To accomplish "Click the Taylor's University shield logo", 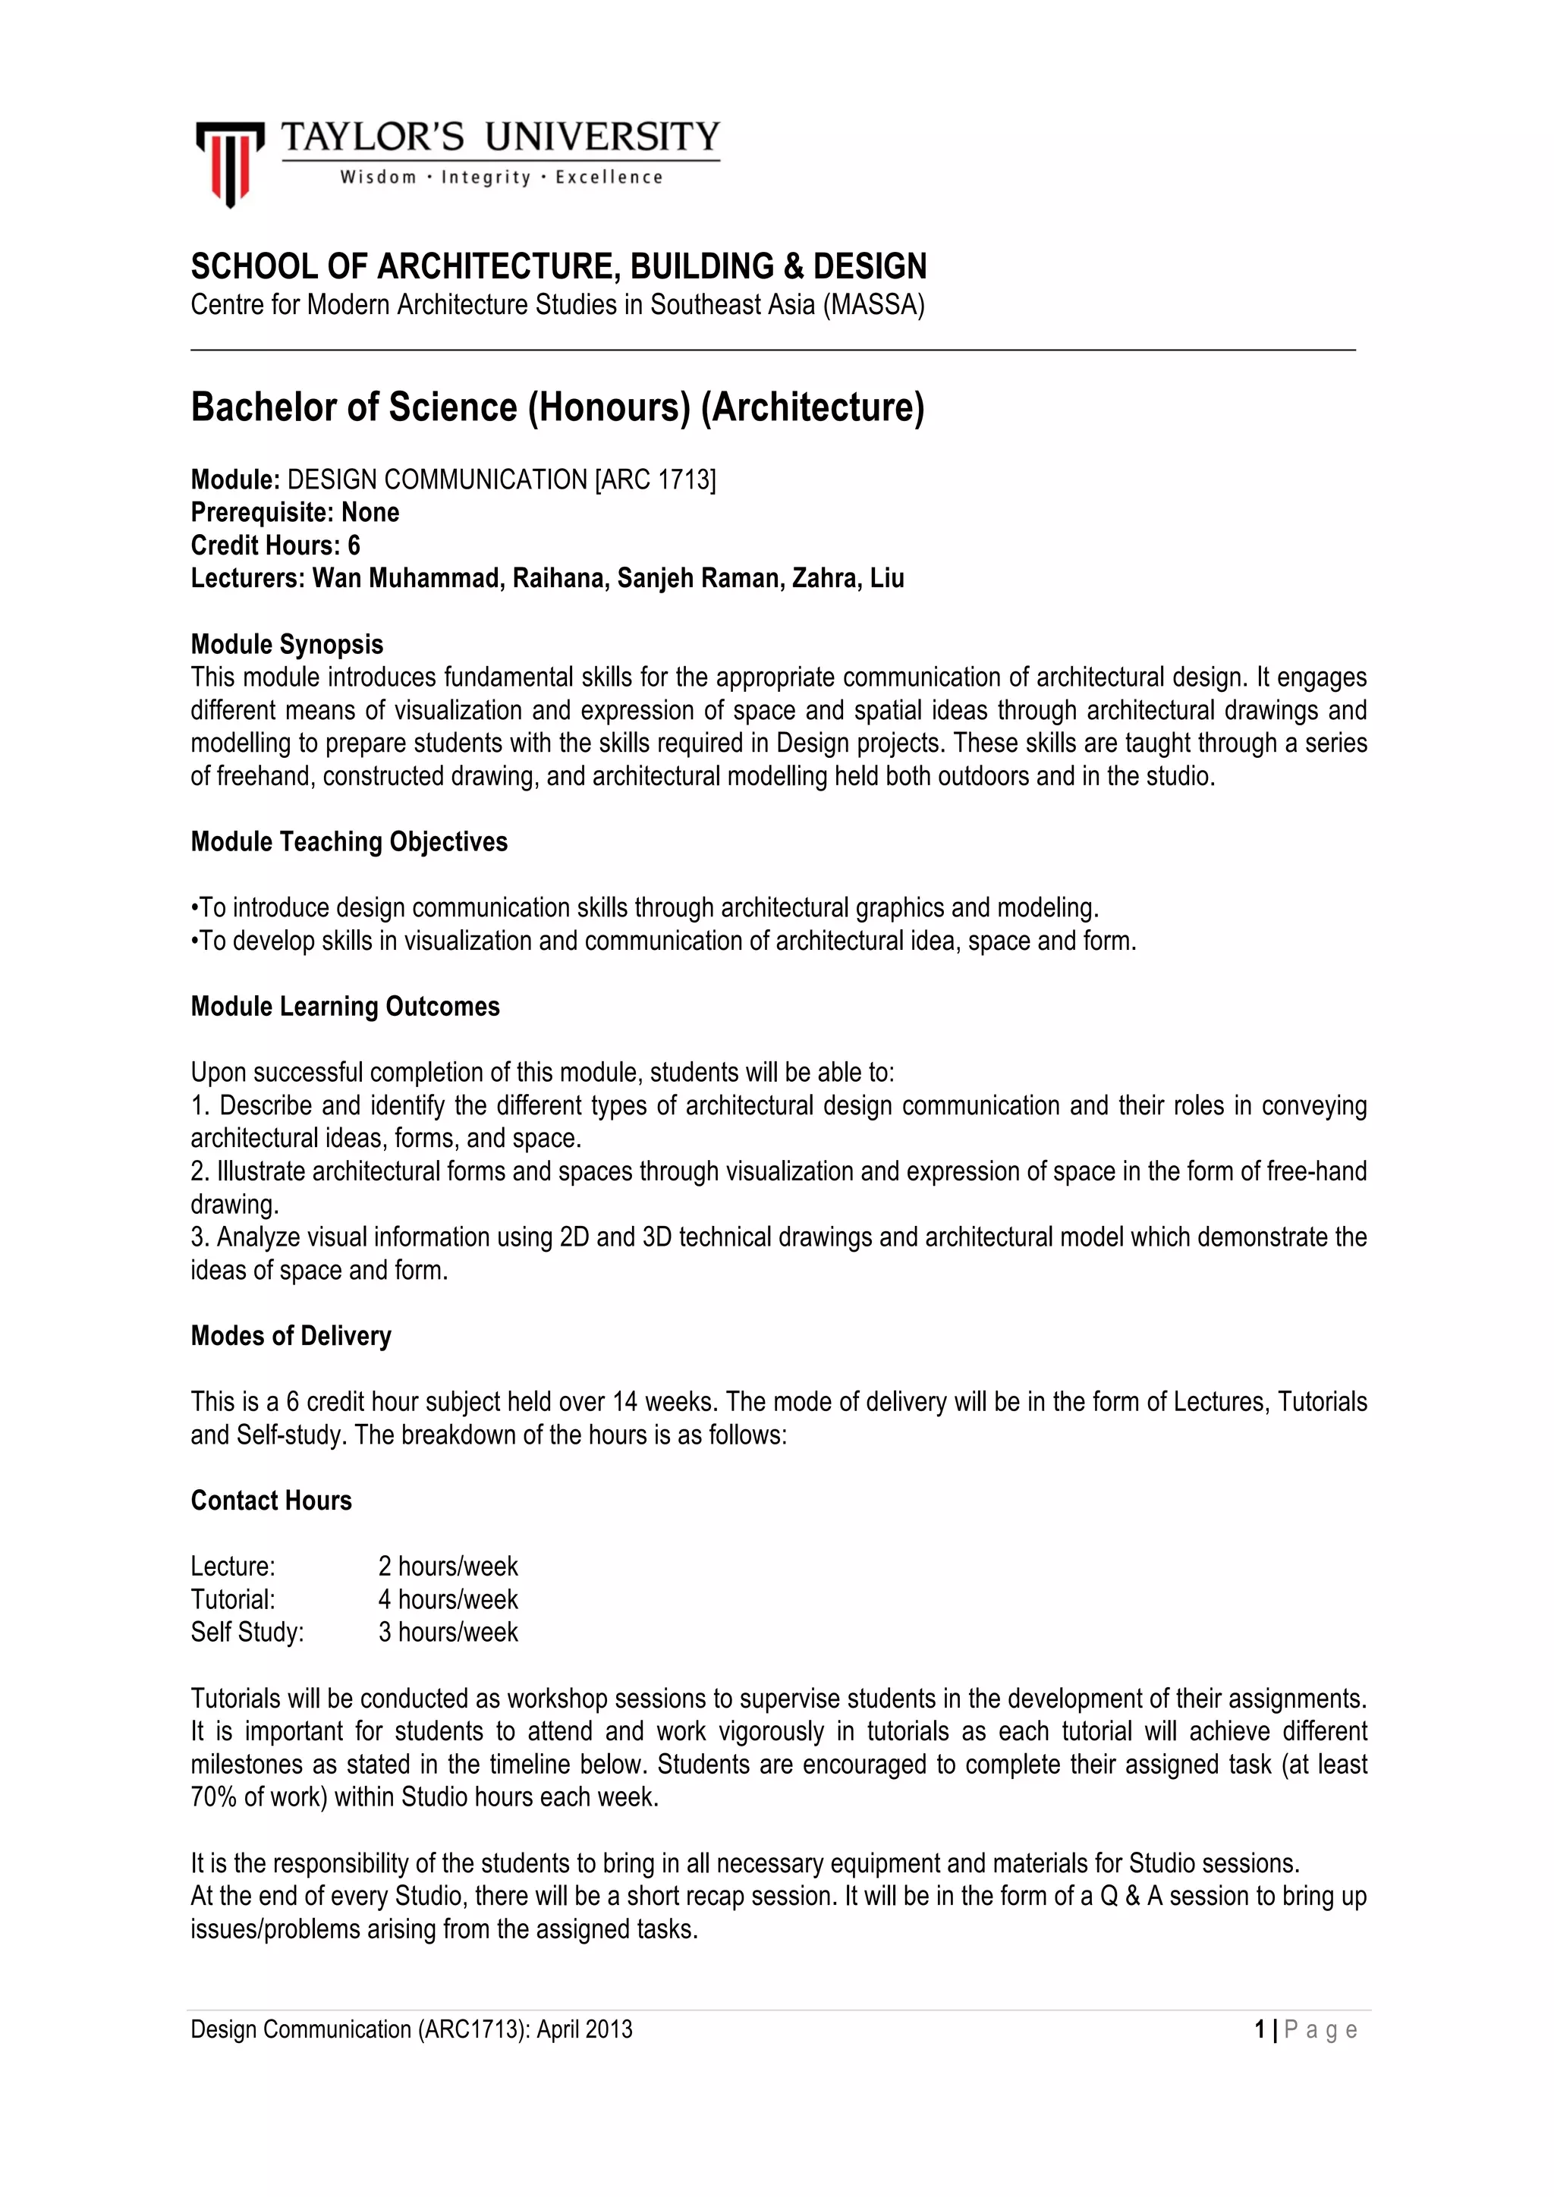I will point(230,162).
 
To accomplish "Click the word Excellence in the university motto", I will point(609,177).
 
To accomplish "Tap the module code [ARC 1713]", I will point(656,479).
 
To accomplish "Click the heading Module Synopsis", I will point(287,644).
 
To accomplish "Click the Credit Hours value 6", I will point(354,545).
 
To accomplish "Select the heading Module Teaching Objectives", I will point(349,842).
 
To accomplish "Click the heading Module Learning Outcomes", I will point(345,1007).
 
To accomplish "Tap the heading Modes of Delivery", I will point(291,1336).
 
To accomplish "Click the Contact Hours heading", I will point(271,1501).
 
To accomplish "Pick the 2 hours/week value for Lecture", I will point(448,1567).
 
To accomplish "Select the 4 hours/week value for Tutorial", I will point(448,1599).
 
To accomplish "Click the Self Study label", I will point(247,1633).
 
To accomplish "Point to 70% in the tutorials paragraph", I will point(213,1797).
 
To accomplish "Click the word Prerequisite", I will point(258,513).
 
